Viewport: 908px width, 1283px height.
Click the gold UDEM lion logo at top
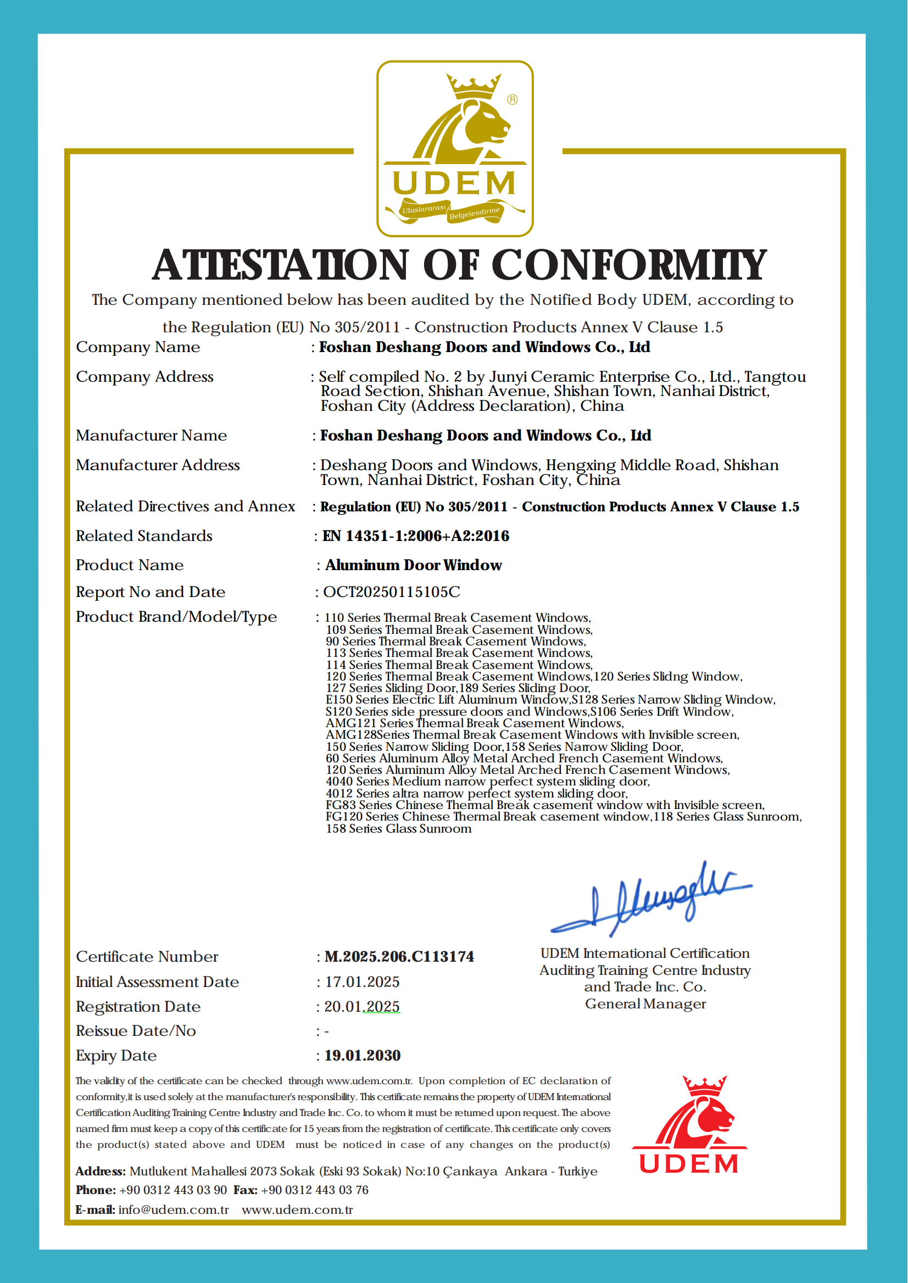[x=455, y=148]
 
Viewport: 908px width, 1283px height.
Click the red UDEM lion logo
[x=689, y=1124]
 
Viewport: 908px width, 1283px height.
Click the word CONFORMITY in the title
[x=628, y=265]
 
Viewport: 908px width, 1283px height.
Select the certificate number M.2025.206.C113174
[x=399, y=957]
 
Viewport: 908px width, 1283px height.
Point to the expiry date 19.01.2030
[x=363, y=1056]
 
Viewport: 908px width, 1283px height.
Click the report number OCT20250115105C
[x=391, y=592]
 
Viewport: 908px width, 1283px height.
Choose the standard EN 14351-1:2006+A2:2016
[x=415, y=535]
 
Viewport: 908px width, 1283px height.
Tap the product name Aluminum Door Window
[x=413, y=565]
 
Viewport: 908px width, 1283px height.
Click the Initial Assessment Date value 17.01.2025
[x=363, y=981]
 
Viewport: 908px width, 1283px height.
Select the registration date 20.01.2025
[x=362, y=1006]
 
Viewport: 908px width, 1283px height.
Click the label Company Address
[x=145, y=377]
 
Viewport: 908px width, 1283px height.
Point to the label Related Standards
[x=144, y=535]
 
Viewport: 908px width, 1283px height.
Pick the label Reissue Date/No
[x=136, y=1031]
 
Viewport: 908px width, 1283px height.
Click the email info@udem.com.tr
[x=174, y=1210]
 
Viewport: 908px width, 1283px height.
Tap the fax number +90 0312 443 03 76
[x=314, y=1190]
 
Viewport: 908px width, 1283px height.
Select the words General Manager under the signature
[x=645, y=1004]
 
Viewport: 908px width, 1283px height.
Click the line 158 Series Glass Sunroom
[x=399, y=828]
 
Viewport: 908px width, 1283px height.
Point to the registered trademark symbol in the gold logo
[x=512, y=99]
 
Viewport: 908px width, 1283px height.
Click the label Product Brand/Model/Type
[x=176, y=617]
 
